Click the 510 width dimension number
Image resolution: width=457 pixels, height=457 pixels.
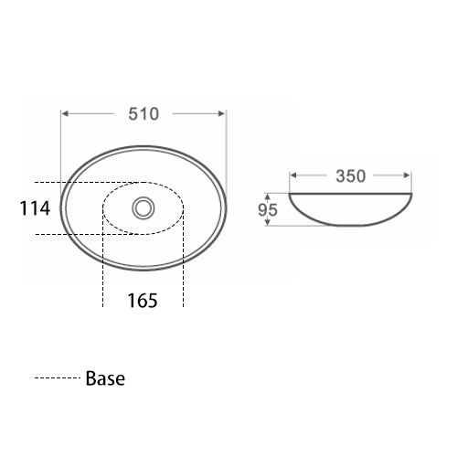click(143, 114)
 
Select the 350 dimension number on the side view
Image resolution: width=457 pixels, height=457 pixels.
click(350, 176)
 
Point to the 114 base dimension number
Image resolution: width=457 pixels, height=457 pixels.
click(35, 208)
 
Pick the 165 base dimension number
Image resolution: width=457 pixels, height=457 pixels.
click(143, 300)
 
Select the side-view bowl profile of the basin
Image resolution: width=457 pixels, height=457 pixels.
click(350, 212)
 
